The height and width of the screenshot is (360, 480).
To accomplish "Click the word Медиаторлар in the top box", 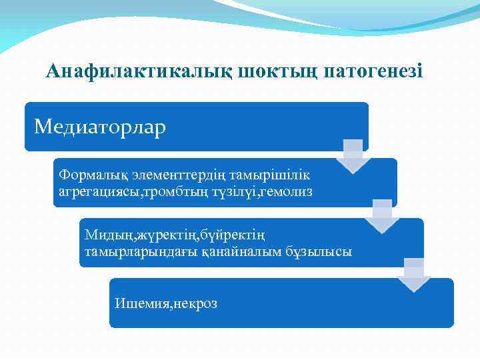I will (100, 126).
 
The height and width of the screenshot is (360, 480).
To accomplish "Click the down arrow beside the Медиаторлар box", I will (353, 155).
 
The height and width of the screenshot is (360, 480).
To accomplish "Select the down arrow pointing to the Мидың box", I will (382, 215).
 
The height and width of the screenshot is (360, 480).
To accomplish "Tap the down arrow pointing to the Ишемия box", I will (413, 275).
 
